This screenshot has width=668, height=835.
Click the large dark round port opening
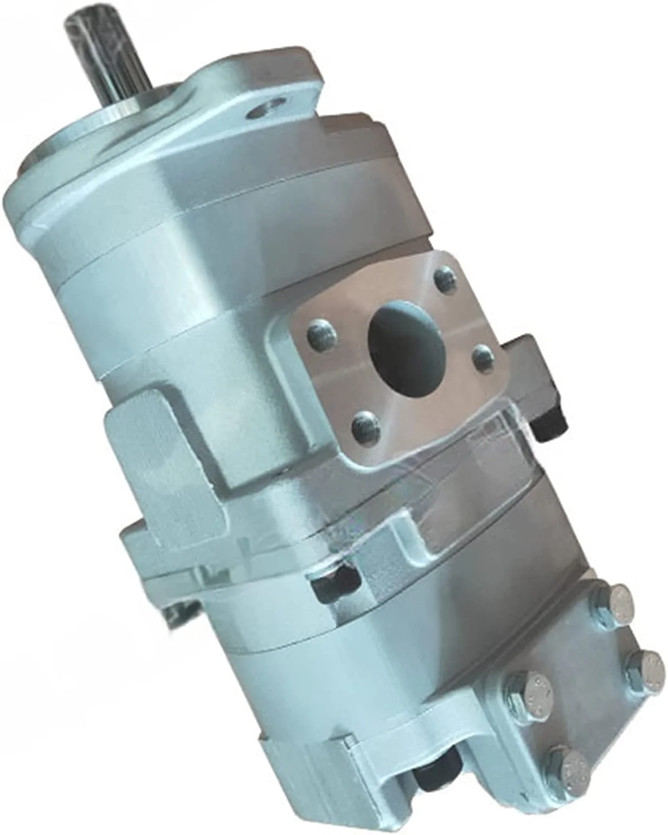point(407,334)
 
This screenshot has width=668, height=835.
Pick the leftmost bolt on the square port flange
point(323,335)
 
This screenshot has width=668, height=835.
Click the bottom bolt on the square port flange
point(367,426)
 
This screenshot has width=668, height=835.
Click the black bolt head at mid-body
point(335,584)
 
